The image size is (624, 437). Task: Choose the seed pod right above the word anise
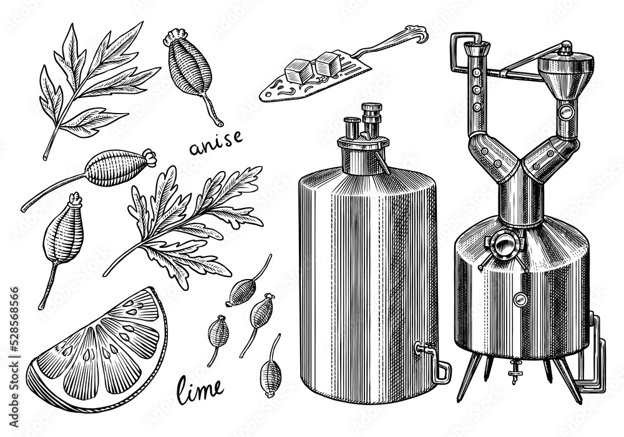click(x=190, y=74)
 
